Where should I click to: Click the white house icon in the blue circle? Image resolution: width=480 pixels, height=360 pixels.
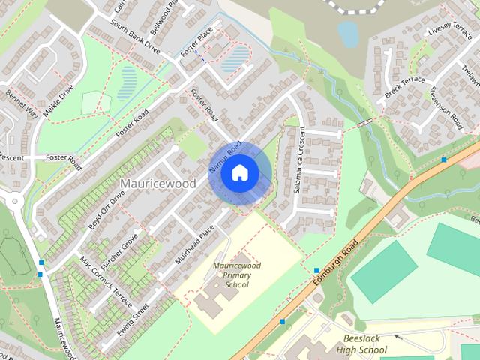(239, 173)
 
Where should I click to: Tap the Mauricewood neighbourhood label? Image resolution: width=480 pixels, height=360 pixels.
(157, 184)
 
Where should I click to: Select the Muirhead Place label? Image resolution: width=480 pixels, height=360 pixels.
(196, 243)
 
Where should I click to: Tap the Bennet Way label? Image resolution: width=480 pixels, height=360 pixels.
(21, 104)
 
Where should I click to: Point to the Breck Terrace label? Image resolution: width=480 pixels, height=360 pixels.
(404, 88)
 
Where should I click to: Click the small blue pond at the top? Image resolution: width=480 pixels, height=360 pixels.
(347, 32)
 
